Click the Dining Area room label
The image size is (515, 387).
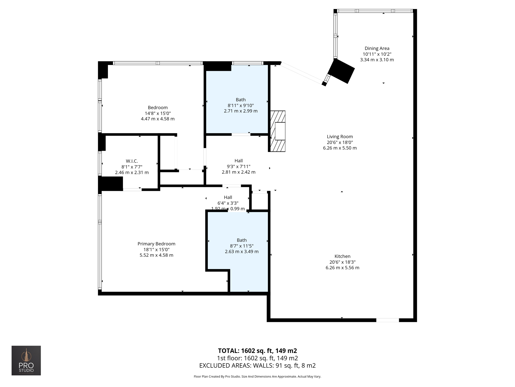377,48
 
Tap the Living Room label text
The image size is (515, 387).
340,137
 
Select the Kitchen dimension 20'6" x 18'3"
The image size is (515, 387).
342,262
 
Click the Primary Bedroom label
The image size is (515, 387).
156,244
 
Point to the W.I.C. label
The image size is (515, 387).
132,161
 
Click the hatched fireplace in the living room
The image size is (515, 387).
278,131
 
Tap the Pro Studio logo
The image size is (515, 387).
26,360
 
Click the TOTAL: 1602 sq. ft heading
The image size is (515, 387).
257,350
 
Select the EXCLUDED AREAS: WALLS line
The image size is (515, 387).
257,365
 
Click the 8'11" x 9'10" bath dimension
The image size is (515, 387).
241,105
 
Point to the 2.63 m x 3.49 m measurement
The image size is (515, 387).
241,251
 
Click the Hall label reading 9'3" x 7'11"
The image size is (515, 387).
238,166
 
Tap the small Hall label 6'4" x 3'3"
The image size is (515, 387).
228,203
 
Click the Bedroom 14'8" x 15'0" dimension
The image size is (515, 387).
158,113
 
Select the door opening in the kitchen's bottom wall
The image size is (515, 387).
387,320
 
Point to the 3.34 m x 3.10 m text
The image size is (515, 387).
377,60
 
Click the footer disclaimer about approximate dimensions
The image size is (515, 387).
257,376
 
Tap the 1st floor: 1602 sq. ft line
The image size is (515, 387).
257,358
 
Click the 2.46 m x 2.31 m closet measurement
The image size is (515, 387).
132,173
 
